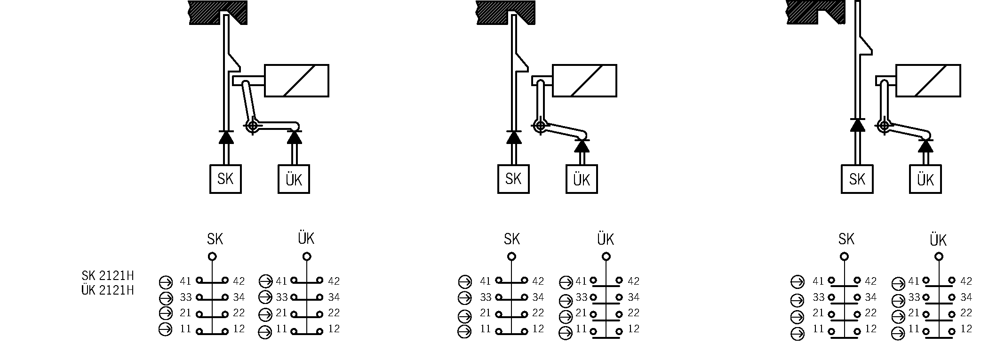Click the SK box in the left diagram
tap(225, 179)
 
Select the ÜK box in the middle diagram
tap(582, 179)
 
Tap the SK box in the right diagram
tap(857, 179)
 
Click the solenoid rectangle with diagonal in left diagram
tap(296, 80)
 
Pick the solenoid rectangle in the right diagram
tap(928, 80)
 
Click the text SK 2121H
tap(108, 276)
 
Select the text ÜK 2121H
tap(108, 290)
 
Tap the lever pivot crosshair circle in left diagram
tap(253, 126)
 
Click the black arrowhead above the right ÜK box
tap(925, 146)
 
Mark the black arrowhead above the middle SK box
tap(513, 137)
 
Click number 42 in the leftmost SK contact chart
tap(239, 281)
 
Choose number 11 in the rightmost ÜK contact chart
tap(914, 329)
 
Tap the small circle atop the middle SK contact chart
tap(511, 256)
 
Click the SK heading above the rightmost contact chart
tap(846, 240)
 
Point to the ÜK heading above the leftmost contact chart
tap(306, 239)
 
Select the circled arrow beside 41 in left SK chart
tap(166, 282)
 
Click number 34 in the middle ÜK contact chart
tap(634, 297)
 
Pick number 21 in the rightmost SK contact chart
tap(818, 313)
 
